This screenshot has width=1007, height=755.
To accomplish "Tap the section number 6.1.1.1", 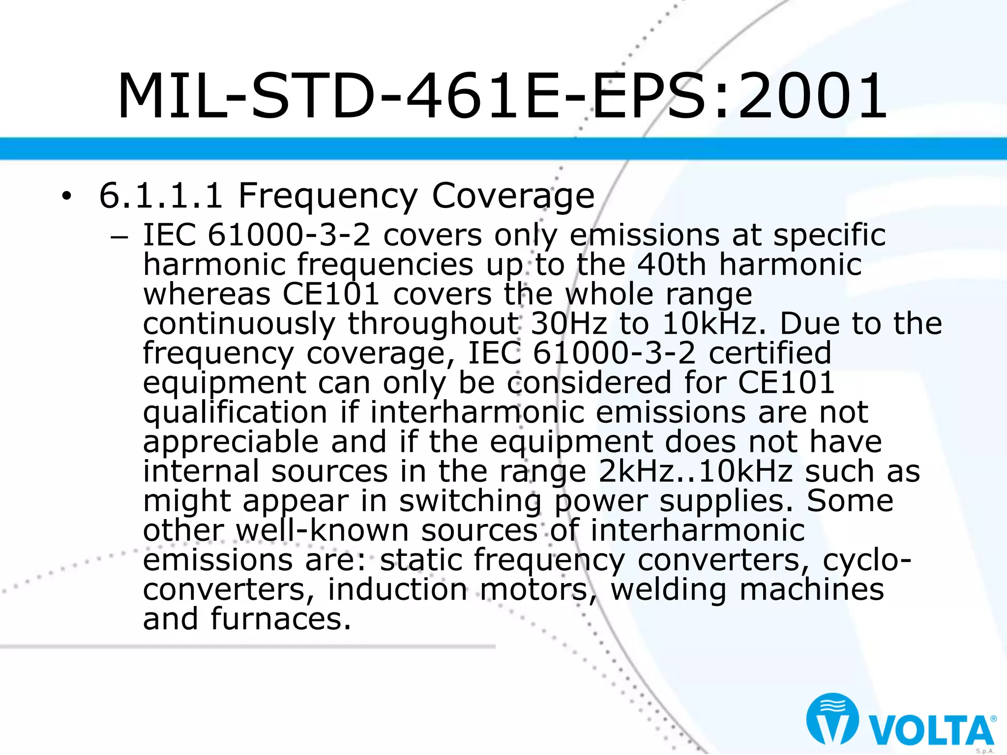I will click(161, 196).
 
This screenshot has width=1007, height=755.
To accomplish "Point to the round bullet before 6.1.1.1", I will click(66, 197).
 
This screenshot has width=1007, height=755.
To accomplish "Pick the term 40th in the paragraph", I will click(672, 264).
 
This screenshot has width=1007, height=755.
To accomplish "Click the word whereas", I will click(207, 294).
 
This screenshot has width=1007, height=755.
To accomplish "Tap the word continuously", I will click(239, 324).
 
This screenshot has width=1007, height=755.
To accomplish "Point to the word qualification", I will click(235, 412).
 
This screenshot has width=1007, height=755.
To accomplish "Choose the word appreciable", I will click(230, 442).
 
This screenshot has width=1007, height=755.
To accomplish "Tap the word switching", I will click(470, 501).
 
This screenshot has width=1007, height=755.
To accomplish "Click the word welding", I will click(668, 590).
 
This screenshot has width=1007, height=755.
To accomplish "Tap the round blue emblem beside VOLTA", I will click(832, 719).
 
